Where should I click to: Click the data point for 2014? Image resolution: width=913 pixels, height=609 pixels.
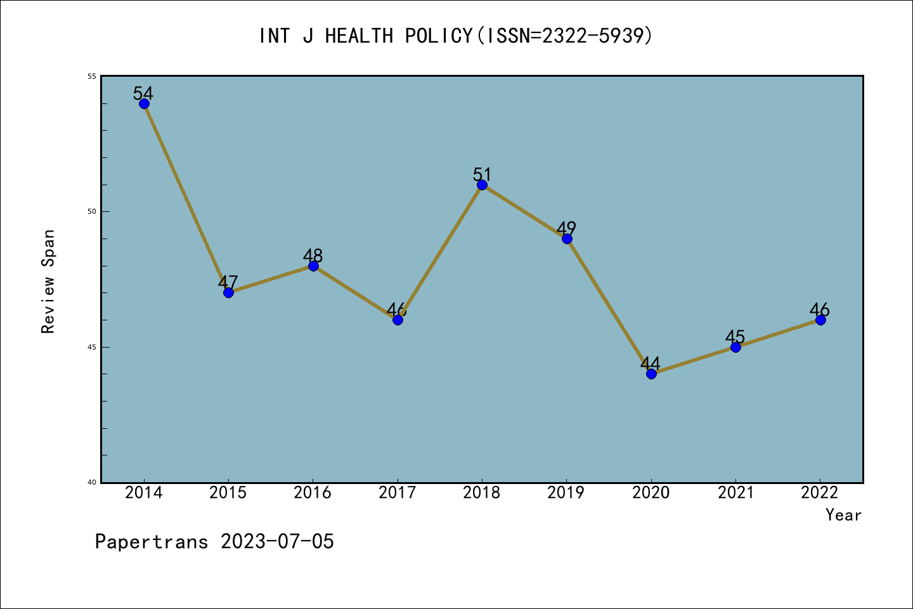[x=144, y=104]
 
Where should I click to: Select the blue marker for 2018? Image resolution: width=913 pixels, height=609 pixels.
[x=482, y=185]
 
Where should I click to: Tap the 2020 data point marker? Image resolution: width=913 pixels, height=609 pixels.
[x=651, y=374]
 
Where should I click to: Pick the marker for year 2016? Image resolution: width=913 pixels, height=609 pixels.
[x=313, y=266]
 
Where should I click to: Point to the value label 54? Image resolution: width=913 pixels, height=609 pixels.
[x=143, y=93]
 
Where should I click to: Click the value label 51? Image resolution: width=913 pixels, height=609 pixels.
[x=482, y=174]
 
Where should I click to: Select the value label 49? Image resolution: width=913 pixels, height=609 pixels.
[x=566, y=228]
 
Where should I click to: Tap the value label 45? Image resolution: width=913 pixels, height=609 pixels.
[x=735, y=337]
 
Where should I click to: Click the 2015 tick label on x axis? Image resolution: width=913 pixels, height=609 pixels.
[x=228, y=493]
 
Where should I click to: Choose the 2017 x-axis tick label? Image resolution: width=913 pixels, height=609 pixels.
[x=398, y=493]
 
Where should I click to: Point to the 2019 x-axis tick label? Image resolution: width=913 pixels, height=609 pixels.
[x=566, y=493]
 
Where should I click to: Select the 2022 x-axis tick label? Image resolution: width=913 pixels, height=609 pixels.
[x=820, y=493]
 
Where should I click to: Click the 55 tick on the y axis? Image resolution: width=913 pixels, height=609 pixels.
[x=92, y=76]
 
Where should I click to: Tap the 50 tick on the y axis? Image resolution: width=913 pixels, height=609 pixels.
[x=92, y=211]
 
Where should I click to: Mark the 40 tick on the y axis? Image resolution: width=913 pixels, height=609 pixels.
[x=92, y=482]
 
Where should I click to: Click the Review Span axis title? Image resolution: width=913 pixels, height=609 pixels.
[x=48, y=281]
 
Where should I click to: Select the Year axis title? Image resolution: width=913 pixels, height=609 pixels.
[x=843, y=515]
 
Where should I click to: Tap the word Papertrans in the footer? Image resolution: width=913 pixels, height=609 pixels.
[x=152, y=542]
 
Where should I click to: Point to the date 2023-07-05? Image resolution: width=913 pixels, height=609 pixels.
[x=277, y=542]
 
